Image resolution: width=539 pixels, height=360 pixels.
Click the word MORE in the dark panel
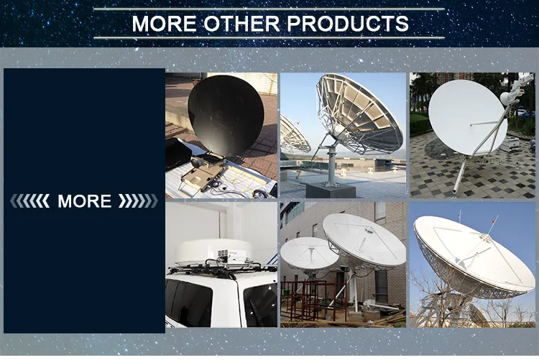pyautogui.click(x=84, y=201)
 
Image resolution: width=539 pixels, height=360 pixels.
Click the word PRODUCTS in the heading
pyautogui.click(x=349, y=23)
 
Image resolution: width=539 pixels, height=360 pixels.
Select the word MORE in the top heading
pyautogui.click(x=165, y=23)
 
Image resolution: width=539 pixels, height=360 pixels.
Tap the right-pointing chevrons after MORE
pyautogui.click(x=137, y=201)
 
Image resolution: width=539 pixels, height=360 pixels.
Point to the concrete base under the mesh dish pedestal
pyautogui.click(x=331, y=190)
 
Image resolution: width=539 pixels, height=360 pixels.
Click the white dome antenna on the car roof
pyautogui.click(x=216, y=249)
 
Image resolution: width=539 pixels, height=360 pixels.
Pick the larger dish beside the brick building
pyautogui.click(x=364, y=241)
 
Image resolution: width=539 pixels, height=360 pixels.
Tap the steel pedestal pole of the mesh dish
pyautogui.click(x=330, y=165)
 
